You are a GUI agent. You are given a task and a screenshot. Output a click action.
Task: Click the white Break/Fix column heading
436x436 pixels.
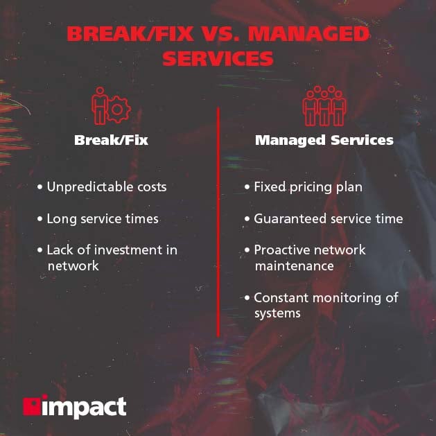(111, 140)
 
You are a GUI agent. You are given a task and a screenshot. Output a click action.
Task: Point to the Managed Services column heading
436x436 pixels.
(324, 140)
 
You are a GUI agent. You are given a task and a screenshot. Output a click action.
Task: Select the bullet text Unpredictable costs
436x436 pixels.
(107, 187)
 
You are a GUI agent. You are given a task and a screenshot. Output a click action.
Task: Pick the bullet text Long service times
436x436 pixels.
(103, 219)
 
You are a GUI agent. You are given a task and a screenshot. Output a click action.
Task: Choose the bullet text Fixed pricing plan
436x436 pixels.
(308, 187)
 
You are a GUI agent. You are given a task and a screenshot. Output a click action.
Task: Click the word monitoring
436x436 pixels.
(345, 298)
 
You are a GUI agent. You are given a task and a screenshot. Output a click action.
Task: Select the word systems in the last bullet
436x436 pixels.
(277, 313)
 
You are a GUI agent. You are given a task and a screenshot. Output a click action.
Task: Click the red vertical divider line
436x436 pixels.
(218, 222)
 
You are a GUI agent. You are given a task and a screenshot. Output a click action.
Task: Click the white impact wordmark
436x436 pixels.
(84, 406)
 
